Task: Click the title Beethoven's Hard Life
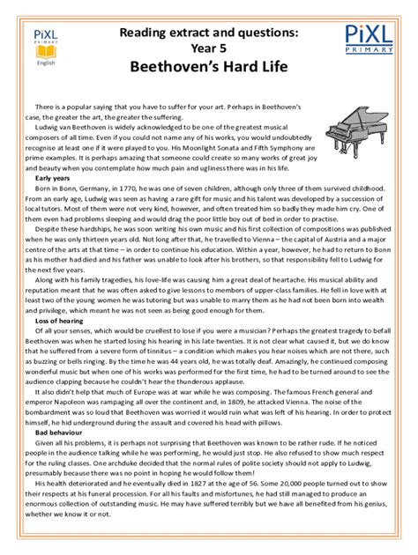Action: [x=208, y=66]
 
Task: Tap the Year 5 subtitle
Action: [x=209, y=47]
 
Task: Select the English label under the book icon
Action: [x=44, y=64]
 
